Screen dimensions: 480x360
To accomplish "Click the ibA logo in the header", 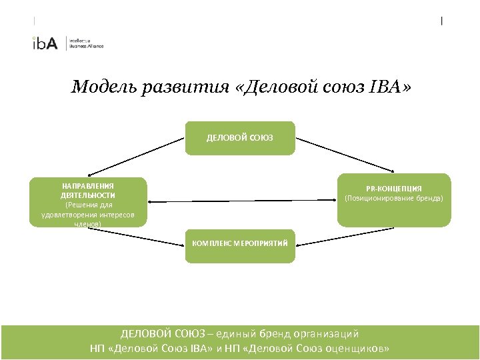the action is [45, 43].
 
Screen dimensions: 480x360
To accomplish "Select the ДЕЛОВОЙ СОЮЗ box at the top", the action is [239, 138].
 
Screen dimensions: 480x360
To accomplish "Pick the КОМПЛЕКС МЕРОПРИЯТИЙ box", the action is [239, 244].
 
